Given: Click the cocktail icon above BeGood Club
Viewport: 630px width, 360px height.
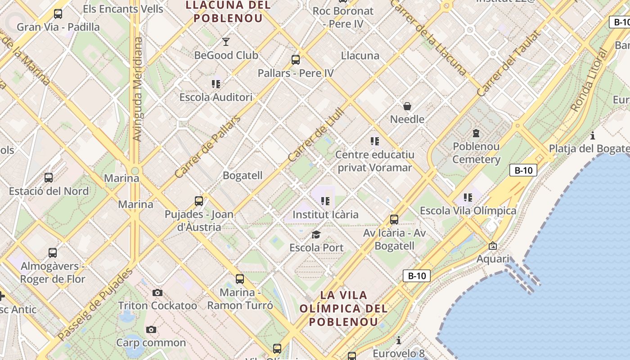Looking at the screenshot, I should pyautogui.click(x=226, y=42).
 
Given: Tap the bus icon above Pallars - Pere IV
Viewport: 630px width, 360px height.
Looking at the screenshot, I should pyautogui.click(x=296, y=59).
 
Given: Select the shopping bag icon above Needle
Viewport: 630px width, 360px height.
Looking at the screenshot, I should pyautogui.click(x=407, y=106).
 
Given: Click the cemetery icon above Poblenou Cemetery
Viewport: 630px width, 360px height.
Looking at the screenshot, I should pyautogui.click(x=476, y=133).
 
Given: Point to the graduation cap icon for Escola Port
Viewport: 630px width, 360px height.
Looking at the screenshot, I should pyautogui.click(x=316, y=234).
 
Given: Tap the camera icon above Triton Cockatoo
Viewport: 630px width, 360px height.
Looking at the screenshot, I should pyautogui.click(x=157, y=292).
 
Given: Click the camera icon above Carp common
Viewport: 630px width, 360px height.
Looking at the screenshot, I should pyautogui.click(x=151, y=329).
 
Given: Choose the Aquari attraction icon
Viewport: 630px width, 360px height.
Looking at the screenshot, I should pyautogui.click(x=493, y=246).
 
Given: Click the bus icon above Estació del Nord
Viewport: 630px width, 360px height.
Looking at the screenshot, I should pyautogui.click(x=49, y=178).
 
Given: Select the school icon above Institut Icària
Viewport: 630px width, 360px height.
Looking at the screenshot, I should pyautogui.click(x=325, y=201).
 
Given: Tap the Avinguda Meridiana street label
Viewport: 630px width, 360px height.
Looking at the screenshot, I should pyautogui.click(x=138, y=89).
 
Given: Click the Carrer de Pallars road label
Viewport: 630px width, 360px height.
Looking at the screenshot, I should pyautogui.click(x=207, y=147).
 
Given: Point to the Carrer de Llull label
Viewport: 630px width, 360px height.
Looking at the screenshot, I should pyautogui.click(x=316, y=135).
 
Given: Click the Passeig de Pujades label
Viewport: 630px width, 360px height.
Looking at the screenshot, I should pyautogui.click(x=95, y=304).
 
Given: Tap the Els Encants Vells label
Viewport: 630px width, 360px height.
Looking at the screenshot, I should pyautogui.click(x=123, y=9).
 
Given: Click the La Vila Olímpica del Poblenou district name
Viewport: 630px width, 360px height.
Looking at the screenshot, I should pyautogui.click(x=343, y=309).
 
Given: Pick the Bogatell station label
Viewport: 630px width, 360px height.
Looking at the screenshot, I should pyautogui.click(x=243, y=175).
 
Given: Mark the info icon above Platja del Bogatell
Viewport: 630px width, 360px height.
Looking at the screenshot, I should pyautogui.click(x=593, y=135).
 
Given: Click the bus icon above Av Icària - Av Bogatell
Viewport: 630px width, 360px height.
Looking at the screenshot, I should pyautogui.click(x=394, y=220).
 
